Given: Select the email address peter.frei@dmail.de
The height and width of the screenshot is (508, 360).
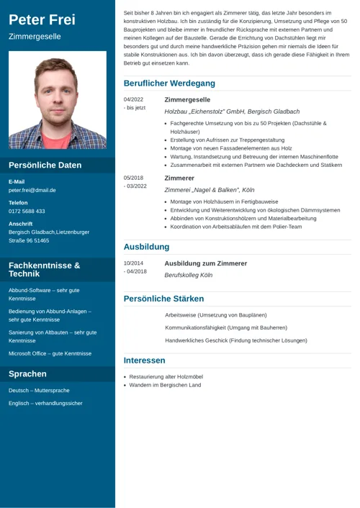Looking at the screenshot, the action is point(32,191).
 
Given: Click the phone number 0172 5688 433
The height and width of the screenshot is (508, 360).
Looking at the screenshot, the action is point(27,212).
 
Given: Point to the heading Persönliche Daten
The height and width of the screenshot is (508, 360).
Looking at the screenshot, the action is point(45,165).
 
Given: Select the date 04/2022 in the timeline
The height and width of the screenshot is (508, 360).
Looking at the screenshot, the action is point(133,99).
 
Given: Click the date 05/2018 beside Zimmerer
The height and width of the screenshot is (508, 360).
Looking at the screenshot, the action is point(133,178).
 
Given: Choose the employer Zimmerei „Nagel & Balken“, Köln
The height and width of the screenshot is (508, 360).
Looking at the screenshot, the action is point(210,190).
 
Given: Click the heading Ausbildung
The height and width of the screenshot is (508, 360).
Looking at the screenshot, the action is point(146,247).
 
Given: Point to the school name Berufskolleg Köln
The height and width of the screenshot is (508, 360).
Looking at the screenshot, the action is point(189,275).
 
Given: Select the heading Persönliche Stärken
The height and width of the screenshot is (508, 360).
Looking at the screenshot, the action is point(163,299).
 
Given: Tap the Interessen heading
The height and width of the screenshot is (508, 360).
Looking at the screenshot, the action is point(144,360).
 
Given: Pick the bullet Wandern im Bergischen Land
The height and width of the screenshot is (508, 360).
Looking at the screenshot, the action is point(165,386).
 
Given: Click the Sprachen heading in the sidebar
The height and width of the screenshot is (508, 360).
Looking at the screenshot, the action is point(27,374).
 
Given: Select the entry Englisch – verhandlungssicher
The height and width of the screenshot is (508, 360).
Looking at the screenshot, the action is point(45,404).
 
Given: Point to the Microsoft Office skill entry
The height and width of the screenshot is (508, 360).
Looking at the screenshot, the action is point(50,354).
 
